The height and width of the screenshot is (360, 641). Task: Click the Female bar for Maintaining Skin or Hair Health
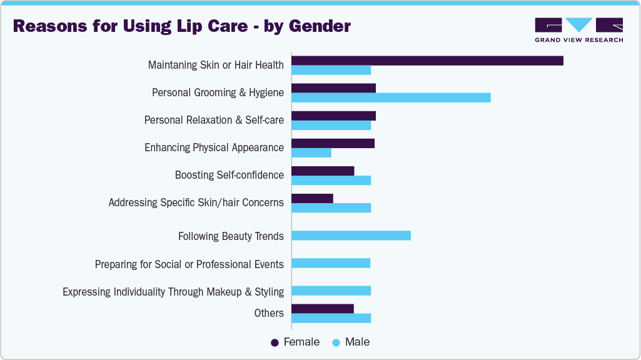[x=427, y=61]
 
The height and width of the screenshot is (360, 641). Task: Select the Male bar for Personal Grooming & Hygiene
[x=391, y=97]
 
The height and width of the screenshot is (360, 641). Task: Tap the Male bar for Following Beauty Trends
[x=351, y=236]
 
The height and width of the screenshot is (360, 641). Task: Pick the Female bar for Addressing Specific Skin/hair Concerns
[x=312, y=199]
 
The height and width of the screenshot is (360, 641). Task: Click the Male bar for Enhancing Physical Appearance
[x=311, y=153]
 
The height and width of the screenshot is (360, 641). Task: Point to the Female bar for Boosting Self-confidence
[x=323, y=171]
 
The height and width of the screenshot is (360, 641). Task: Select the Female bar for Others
[x=323, y=309]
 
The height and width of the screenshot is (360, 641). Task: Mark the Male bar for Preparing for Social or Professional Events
[x=331, y=263]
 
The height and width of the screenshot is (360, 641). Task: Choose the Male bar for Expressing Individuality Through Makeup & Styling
[x=331, y=291]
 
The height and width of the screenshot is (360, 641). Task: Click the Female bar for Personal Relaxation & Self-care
[x=333, y=116]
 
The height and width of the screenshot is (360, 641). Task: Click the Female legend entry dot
[x=275, y=342]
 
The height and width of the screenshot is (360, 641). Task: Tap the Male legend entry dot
[x=336, y=342]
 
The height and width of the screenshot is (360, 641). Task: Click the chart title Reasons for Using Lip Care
[x=182, y=26]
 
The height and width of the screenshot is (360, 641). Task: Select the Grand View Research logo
[x=578, y=29]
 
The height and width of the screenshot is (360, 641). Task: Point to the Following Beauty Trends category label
[x=231, y=236]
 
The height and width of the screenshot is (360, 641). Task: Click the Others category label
[x=269, y=313]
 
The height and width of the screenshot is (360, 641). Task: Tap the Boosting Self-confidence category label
[x=229, y=175]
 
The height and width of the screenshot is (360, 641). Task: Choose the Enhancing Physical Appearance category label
[x=214, y=147]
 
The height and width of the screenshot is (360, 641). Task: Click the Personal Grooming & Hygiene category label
[x=218, y=92]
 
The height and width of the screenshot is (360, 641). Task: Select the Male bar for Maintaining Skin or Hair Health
[x=331, y=70]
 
